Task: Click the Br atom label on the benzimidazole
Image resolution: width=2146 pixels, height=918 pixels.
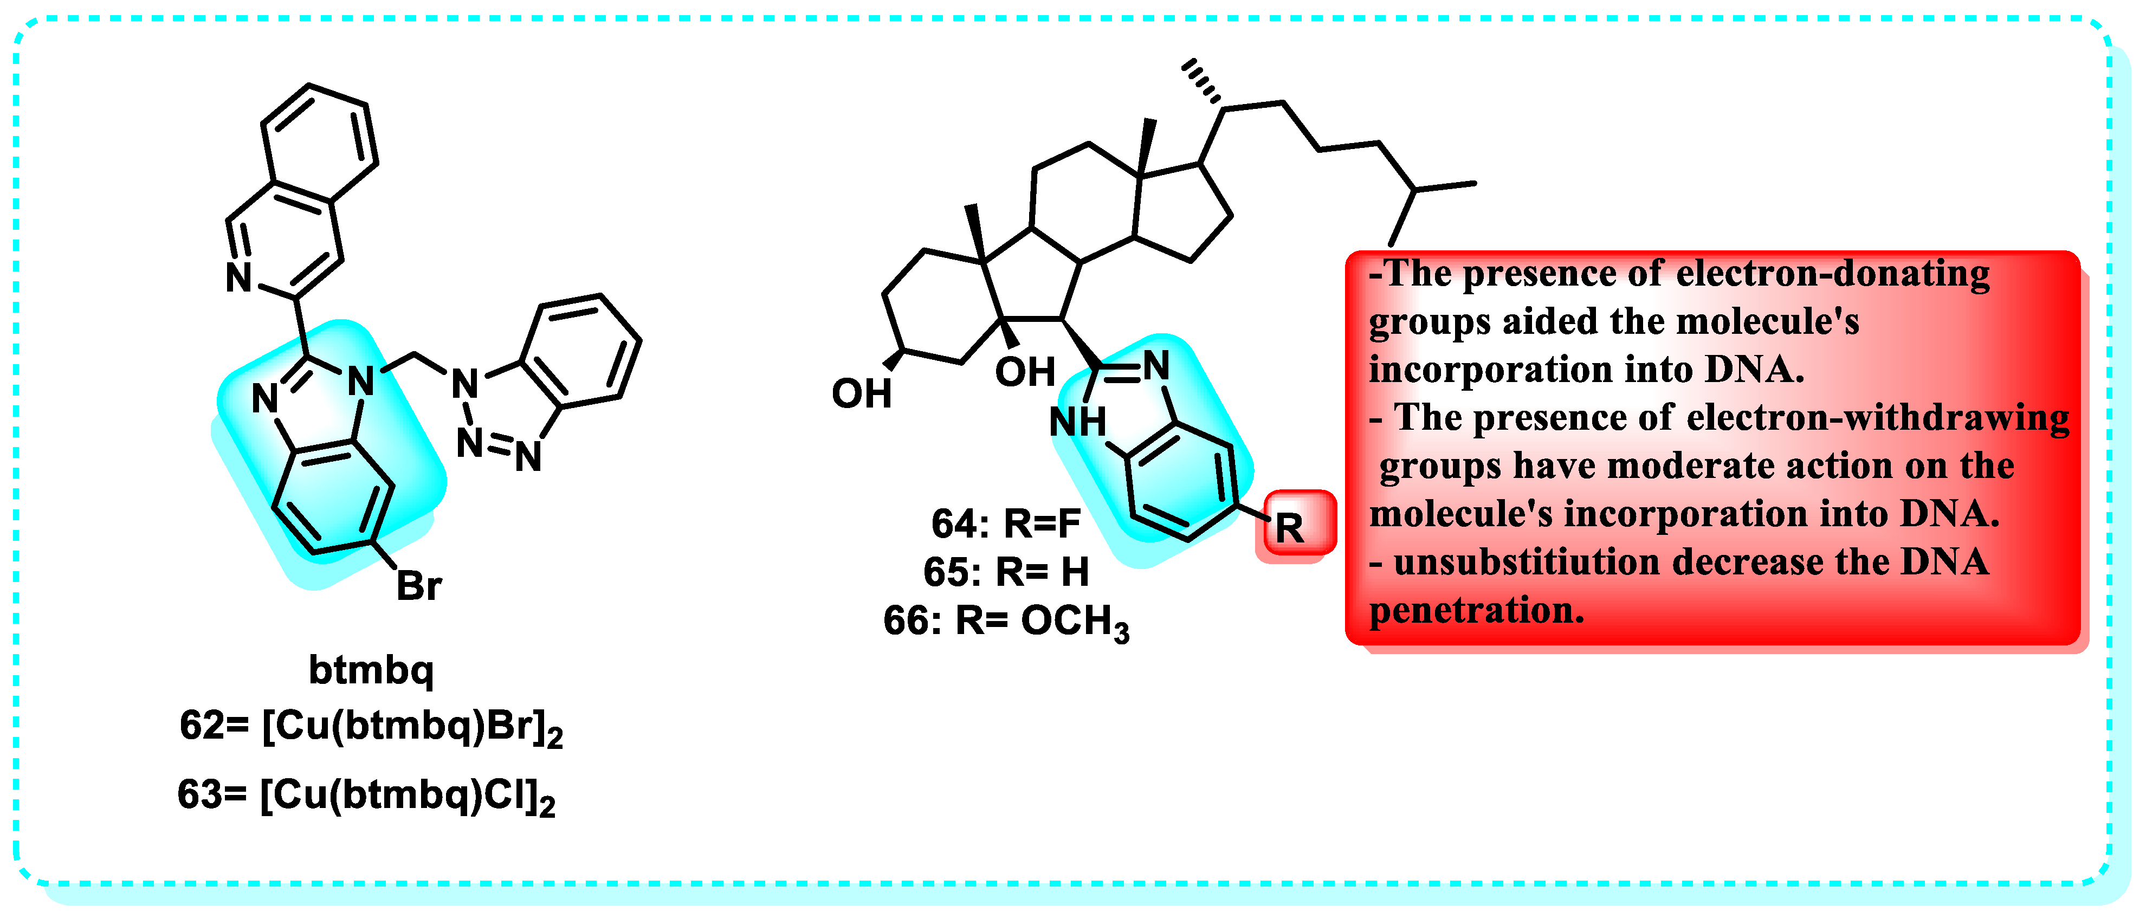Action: click(x=418, y=586)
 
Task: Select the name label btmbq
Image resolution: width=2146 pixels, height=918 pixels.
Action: click(x=372, y=669)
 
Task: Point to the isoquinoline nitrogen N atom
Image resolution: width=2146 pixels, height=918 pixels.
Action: click(x=239, y=277)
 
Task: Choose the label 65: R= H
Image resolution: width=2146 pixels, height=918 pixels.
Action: click(x=1005, y=572)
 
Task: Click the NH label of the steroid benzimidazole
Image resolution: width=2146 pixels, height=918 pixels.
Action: click(x=1077, y=422)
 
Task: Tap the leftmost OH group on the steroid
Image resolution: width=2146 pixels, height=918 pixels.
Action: click(x=862, y=394)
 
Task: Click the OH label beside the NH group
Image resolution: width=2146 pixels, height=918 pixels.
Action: click(x=1025, y=372)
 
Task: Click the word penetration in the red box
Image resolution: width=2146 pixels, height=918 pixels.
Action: click(x=1476, y=611)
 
